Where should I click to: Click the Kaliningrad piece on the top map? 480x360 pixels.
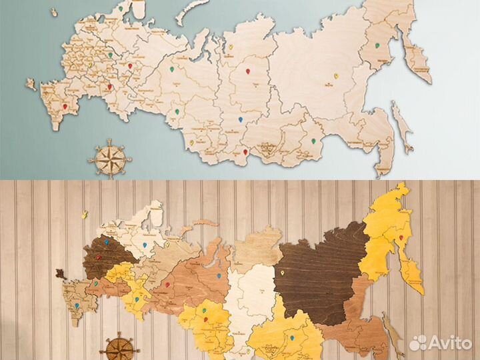[31, 84]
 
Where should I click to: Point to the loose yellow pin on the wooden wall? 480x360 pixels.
[85, 214]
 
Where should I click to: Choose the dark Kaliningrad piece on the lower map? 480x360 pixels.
[59, 273]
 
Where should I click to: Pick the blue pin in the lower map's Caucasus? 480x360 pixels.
[77, 307]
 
